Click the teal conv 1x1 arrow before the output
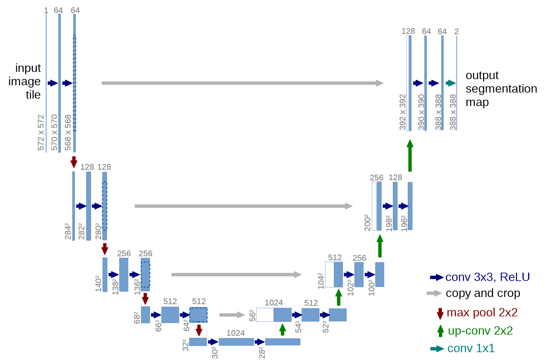pos(451,83)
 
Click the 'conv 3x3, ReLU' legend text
pos(487,277)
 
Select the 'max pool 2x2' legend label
pos(482,313)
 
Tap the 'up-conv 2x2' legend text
pos(480,331)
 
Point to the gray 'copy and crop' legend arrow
pos(434,293)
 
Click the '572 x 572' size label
pos(41,132)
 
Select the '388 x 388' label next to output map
pos(453,112)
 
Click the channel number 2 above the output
pos(457,32)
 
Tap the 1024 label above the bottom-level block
pos(235,333)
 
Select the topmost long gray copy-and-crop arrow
pos(242,83)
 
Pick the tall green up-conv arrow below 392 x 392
pos(410,156)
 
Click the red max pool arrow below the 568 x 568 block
pos(74,162)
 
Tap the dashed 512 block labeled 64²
pos(198,315)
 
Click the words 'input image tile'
pos(25,81)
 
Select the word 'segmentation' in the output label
pos(501,89)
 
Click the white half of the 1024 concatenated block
pos(265,315)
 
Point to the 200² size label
pos(367,223)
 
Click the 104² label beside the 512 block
pos(321,281)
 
